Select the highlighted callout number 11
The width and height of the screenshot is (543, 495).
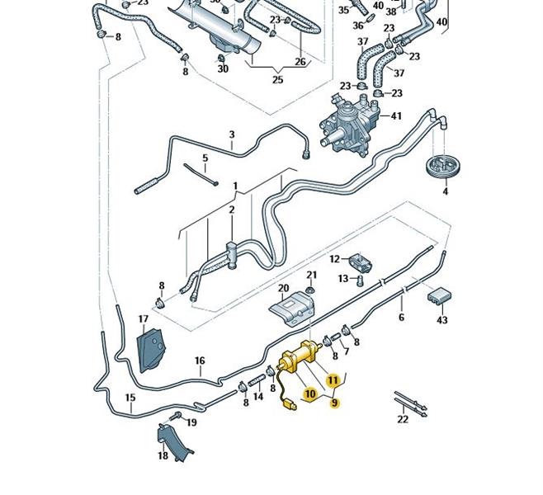(x=333, y=380)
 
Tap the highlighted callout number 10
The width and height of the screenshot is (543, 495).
(x=310, y=395)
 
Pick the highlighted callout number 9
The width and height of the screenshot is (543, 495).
(x=335, y=403)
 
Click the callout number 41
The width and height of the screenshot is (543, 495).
(x=396, y=116)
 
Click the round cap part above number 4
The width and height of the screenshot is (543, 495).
(x=443, y=166)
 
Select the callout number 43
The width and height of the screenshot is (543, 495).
(x=442, y=320)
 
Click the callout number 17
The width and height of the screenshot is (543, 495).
(x=144, y=319)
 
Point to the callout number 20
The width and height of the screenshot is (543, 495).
(x=284, y=289)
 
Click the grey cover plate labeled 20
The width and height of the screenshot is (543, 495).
(x=293, y=313)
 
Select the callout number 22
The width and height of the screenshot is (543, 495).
(x=403, y=419)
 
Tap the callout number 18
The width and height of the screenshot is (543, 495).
(x=163, y=455)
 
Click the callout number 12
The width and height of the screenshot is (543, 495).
(x=334, y=259)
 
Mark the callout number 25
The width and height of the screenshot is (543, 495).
(x=278, y=80)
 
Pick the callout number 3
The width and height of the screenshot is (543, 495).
(x=232, y=134)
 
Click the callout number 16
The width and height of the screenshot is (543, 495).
(x=200, y=361)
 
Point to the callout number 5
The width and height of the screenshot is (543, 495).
(x=205, y=158)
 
